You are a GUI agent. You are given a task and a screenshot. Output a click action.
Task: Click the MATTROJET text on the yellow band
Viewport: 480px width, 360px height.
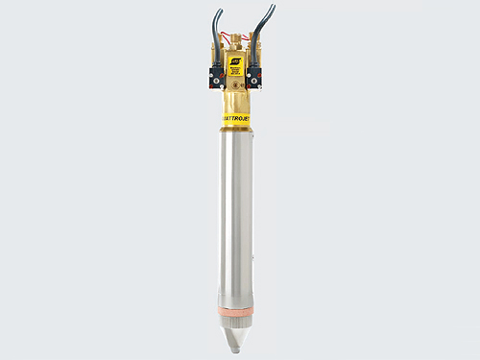[x=237, y=120]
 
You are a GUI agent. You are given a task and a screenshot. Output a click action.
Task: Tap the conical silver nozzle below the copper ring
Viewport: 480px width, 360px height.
[x=237, y=331]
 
